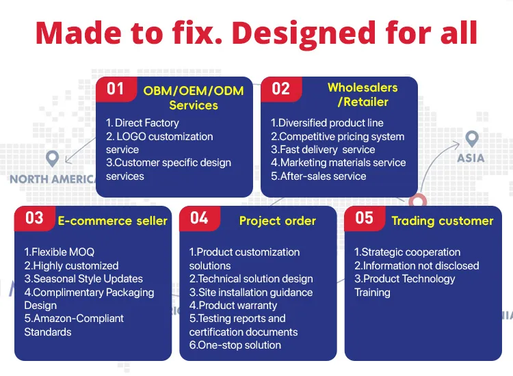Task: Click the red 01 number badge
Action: pos(115,89)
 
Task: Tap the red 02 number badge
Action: pos(280,89)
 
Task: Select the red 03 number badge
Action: pos(34,218)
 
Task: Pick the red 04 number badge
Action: pos(199,218)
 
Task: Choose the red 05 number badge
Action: pos(365,218)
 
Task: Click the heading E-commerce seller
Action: pos(112,220)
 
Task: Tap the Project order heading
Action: pos(277,220)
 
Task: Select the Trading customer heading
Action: pos(442,220)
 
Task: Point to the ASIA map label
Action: pos(471,158)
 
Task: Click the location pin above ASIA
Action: pos(471,139)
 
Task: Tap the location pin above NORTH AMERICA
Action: pos(53,159)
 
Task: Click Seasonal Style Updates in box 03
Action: pos(83,279)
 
